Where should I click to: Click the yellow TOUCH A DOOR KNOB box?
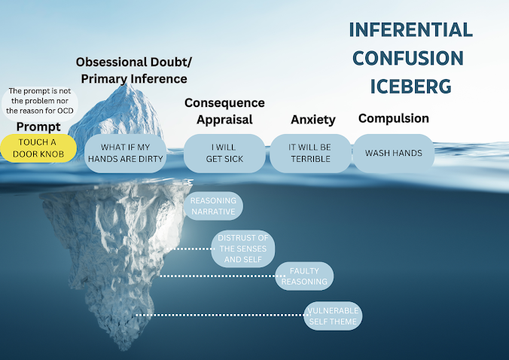point(38,148)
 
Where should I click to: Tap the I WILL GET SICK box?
point(224,153)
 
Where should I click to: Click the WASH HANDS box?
point(393,153)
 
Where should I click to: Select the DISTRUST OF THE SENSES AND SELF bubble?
point(242,249)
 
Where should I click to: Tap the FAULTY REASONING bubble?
point(304,276)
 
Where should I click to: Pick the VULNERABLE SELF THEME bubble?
point(333,316)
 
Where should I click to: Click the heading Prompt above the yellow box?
point(38,126)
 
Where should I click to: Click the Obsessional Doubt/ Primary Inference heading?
point(131,69)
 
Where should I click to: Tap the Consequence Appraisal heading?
point(224,111)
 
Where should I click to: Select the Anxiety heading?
point(312,119)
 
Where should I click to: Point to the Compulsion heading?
point(393,118)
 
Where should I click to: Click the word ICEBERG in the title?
point(410,86)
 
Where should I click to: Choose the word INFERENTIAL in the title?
point(410,30)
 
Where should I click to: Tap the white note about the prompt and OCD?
point(39,100)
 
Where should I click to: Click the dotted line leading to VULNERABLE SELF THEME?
point(218,316)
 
